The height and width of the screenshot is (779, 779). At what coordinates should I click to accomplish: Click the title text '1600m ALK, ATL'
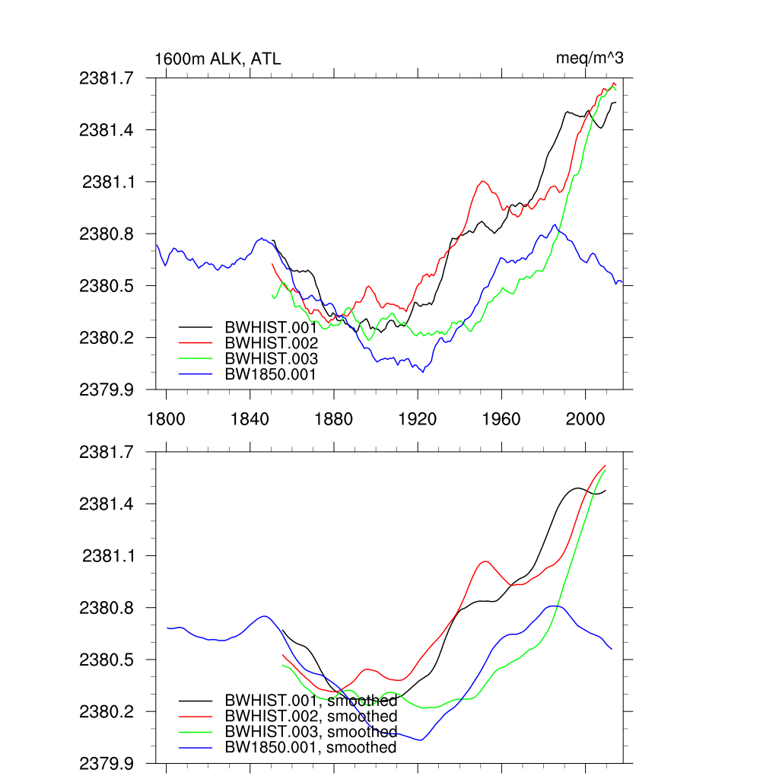coord(218,59)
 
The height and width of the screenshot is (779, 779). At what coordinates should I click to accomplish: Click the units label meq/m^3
coord(590,59)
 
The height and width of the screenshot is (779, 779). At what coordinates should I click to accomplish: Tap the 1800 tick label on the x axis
coord(166,419)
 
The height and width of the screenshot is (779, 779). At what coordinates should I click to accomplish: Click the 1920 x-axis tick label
coord(418,419)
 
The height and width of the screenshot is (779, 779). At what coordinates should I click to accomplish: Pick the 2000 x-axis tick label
coord(586,419)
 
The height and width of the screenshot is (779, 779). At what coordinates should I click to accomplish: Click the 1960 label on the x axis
coord(501,419)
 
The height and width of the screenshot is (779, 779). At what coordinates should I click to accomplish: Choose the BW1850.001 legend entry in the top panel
coord(271,374)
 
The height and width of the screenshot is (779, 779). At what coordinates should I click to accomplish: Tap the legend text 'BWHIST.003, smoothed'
coord(311,732)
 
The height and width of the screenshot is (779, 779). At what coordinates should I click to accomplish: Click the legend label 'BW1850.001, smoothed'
coord(311,747)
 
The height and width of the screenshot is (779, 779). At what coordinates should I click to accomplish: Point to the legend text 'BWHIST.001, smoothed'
coord(311,701)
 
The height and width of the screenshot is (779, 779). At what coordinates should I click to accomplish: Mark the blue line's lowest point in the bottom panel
coord(419,740)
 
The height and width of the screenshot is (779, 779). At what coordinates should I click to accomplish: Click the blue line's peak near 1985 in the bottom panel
coord(555,606)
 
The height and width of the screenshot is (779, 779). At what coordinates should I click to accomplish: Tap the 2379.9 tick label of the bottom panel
coord(107,763)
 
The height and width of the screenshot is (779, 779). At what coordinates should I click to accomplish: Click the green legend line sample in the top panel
coord(195,358)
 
